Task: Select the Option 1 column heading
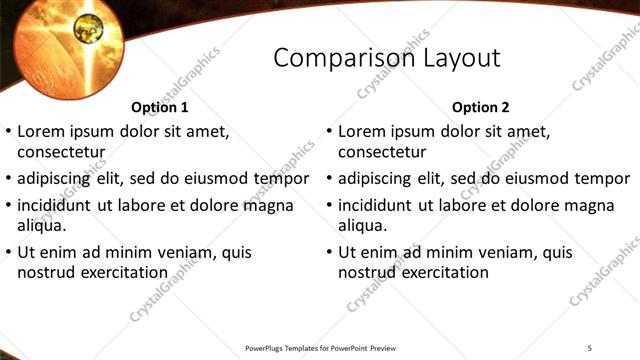159,107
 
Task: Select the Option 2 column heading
480,107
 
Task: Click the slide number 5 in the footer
590,347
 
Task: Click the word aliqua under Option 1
42,225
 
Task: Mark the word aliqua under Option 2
362,225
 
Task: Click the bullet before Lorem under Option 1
9,132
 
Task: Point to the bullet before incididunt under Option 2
329,206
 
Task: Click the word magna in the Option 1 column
272,205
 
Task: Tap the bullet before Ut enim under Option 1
9,253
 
